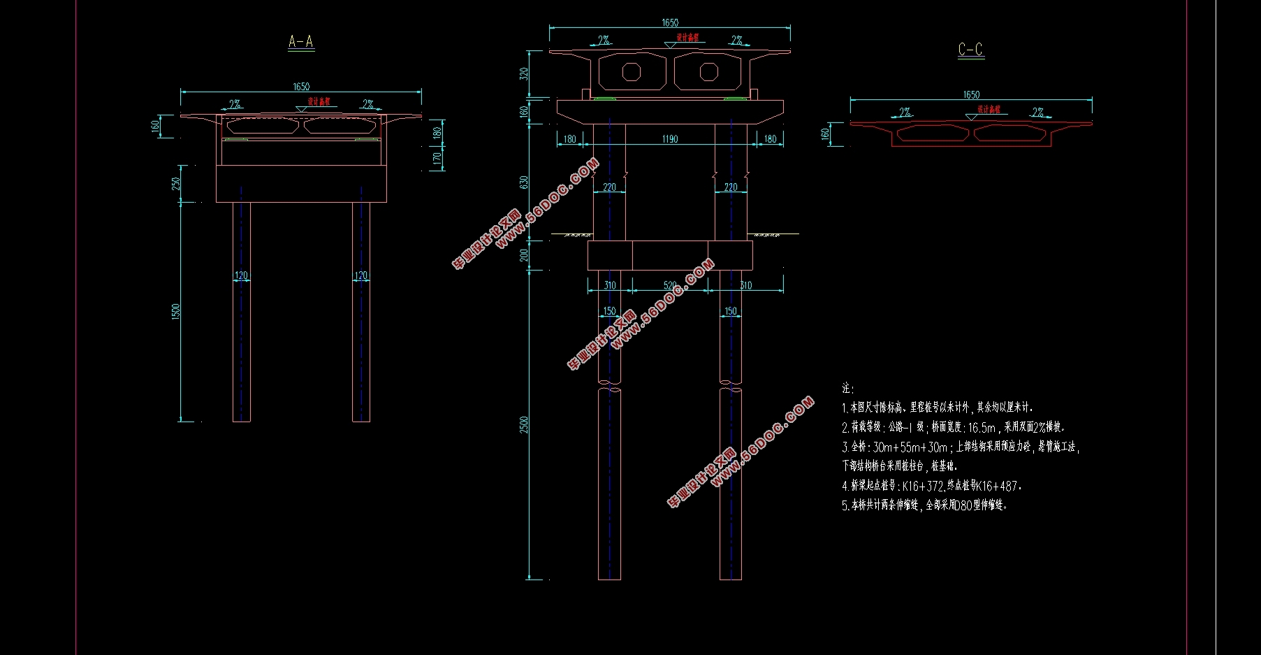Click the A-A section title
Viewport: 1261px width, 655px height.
coord(301,42)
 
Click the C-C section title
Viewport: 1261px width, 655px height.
coord(970,50)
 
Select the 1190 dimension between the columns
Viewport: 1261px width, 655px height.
coord(670,139)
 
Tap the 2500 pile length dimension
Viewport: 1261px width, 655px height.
coord(524,424)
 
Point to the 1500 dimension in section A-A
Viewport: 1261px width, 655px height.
coord(175,312)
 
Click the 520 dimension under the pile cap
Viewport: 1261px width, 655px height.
coord(670,285)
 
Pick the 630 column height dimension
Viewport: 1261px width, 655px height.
coord(524,182)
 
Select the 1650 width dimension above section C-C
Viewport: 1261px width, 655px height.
coord(971,94)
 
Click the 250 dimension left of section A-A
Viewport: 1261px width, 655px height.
coord(175,183)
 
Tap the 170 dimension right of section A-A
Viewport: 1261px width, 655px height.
coord(437,159)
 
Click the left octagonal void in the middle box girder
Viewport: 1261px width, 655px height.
coord(632,71)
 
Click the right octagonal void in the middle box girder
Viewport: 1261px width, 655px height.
coord(709,71)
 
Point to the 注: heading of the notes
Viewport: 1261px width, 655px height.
coord(847,388)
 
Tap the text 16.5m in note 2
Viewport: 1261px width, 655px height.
coord(982,427)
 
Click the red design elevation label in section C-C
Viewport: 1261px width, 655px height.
coord(989,109)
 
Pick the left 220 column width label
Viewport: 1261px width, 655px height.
coord(609,187)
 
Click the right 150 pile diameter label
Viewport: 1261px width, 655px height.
coord(730,311)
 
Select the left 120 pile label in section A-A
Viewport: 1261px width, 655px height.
coord(241,275)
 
